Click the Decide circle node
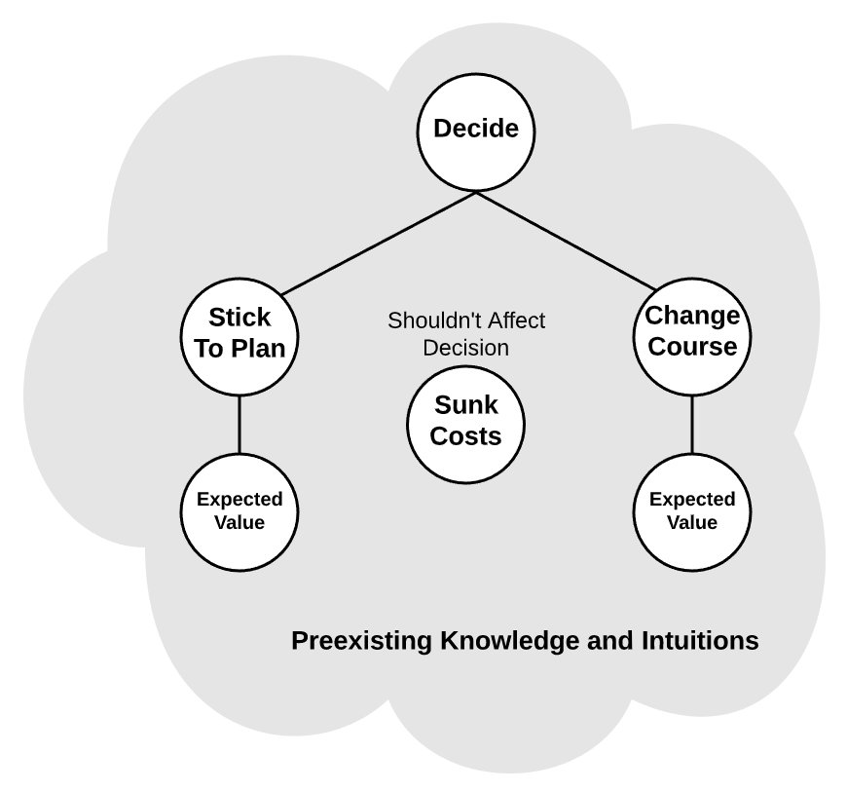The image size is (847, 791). tap(476, 130)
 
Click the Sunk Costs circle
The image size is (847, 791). tap(465, 421)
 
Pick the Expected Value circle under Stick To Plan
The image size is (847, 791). tap(239, 510)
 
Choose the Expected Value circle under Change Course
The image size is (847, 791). tap(692, 510)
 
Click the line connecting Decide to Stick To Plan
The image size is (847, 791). tap(378, 243)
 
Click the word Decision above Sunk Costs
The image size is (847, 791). tap(466, 348)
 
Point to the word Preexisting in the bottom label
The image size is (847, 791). tap(361, 641)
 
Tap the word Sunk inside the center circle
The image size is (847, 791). tap(465, 405)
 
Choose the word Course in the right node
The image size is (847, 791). tap(692, 346)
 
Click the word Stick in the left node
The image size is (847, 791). tap(239, 319)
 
